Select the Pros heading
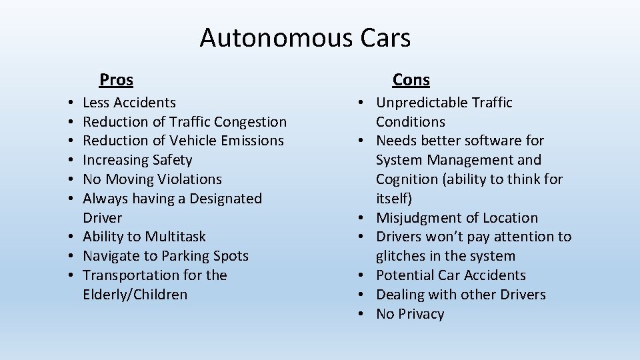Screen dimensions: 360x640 point(116,80)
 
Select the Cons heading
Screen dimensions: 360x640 point(411,80)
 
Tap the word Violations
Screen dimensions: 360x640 point(189,179)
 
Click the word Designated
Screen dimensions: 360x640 point(226,199)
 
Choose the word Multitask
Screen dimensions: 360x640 point(175,237)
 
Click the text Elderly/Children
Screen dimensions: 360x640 point(135,295)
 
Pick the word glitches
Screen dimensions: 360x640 point(400,256)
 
